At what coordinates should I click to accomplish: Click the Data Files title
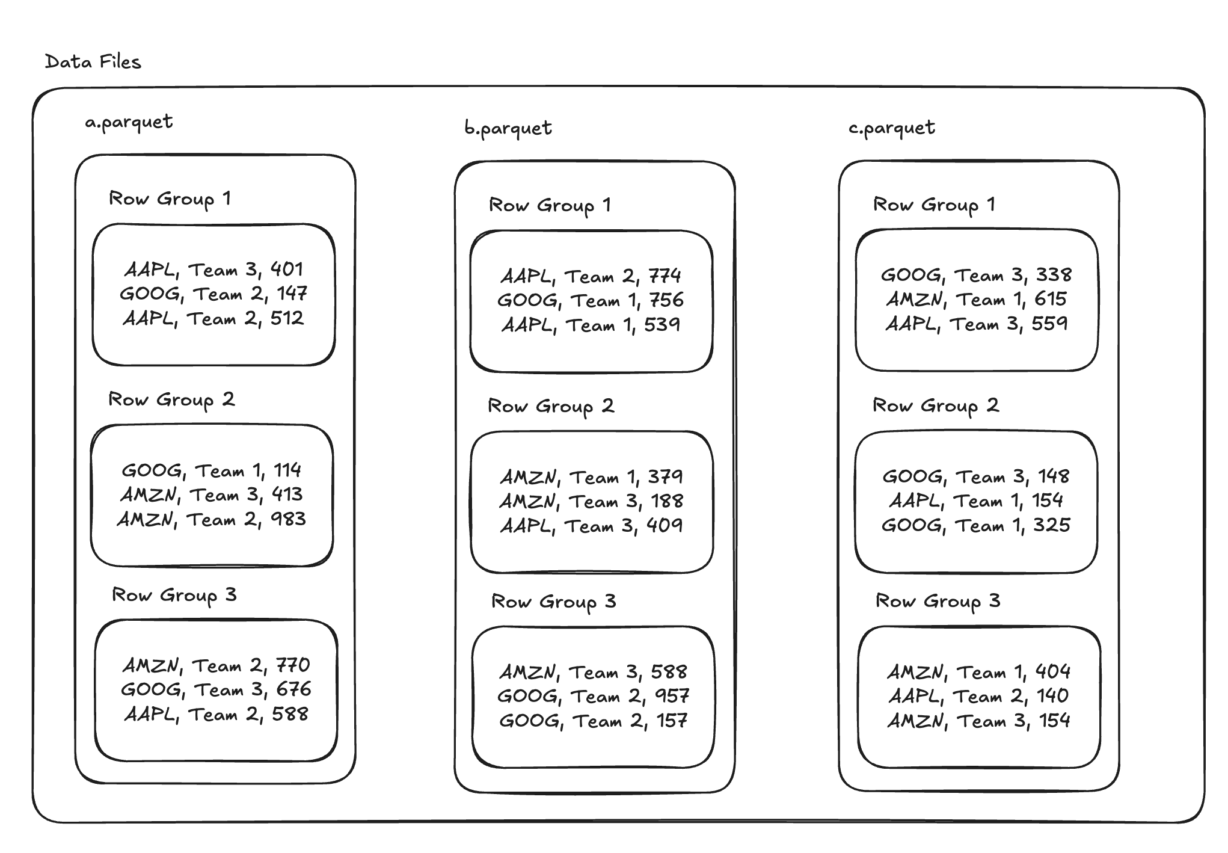(x=93, y=61)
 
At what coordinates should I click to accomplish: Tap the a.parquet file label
(x=129, y=122)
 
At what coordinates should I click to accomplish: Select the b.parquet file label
(x=508, y=128)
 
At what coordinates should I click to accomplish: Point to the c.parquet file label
(x=892, y=128)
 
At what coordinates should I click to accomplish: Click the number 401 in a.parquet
(x=287, y=269)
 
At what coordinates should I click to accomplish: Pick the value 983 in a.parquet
(x=288, y=519)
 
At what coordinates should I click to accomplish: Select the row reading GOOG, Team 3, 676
(x=216, y=689)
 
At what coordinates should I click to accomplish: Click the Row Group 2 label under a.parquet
(x=171, y=400)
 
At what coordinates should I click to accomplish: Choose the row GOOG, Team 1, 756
(x=591, y=300)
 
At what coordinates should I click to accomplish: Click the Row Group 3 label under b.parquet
(x=554, y=602)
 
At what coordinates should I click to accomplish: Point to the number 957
(x=672, y=696)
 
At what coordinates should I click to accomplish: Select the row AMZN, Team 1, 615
(x=977, y=299)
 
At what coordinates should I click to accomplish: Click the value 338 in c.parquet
(x=1054, y=275)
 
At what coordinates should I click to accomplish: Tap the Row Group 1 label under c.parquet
(x=934, y=205)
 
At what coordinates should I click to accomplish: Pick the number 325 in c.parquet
(x=1052, y=525)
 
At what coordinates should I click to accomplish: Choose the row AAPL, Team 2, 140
(x=978, y=696)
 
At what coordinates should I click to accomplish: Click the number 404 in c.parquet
(x=1052, y=671)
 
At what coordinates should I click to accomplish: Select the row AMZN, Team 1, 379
(x=591, y=477)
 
